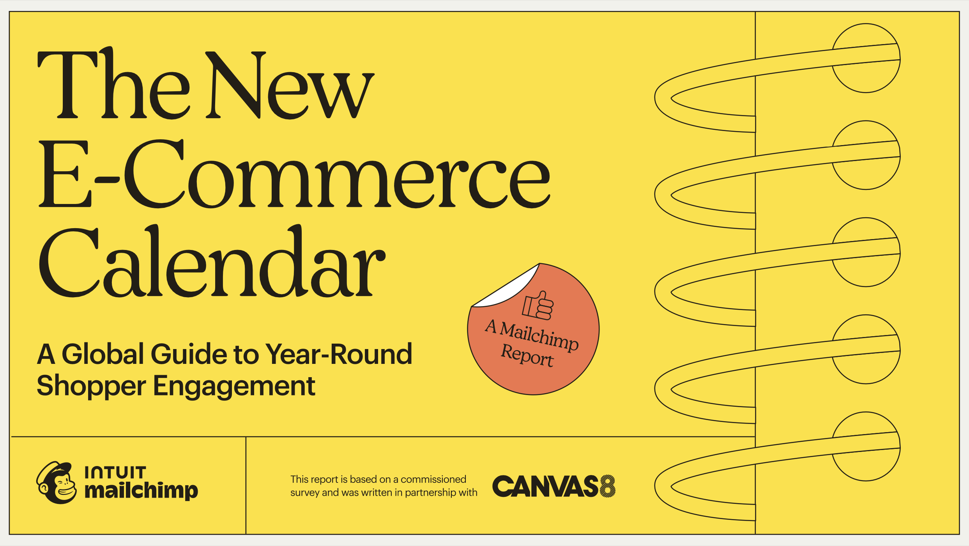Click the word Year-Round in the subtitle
[338, 354]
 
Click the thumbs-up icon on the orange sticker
[538, 306]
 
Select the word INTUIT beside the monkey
[115, 472]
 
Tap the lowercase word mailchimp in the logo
[141, 490]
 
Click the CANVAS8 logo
[553, 486]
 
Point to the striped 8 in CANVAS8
[608, 486]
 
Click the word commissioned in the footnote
[433, 479]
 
